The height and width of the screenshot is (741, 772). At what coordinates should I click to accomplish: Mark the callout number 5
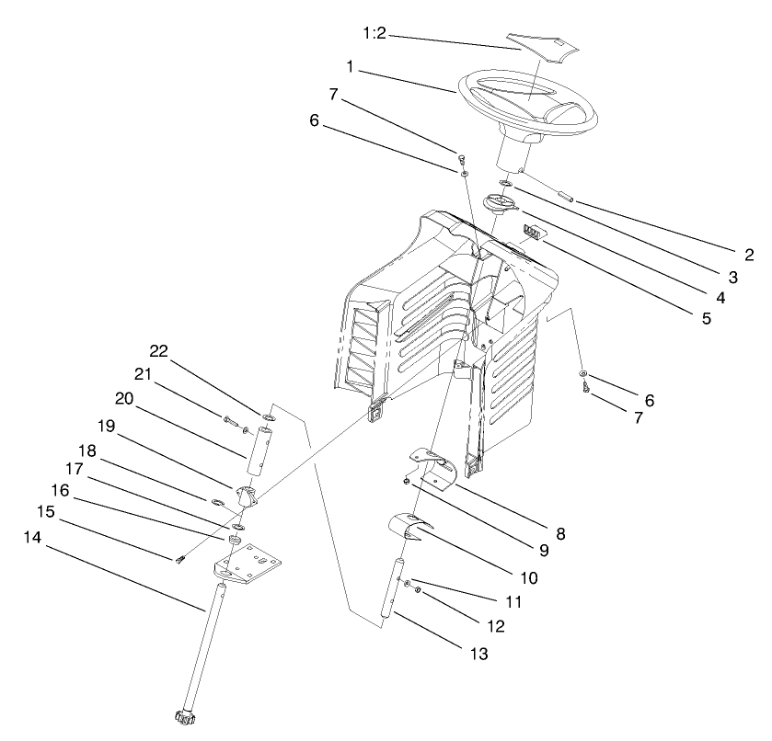[705, 320]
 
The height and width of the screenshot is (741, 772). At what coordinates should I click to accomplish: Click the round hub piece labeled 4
[502, 204]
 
